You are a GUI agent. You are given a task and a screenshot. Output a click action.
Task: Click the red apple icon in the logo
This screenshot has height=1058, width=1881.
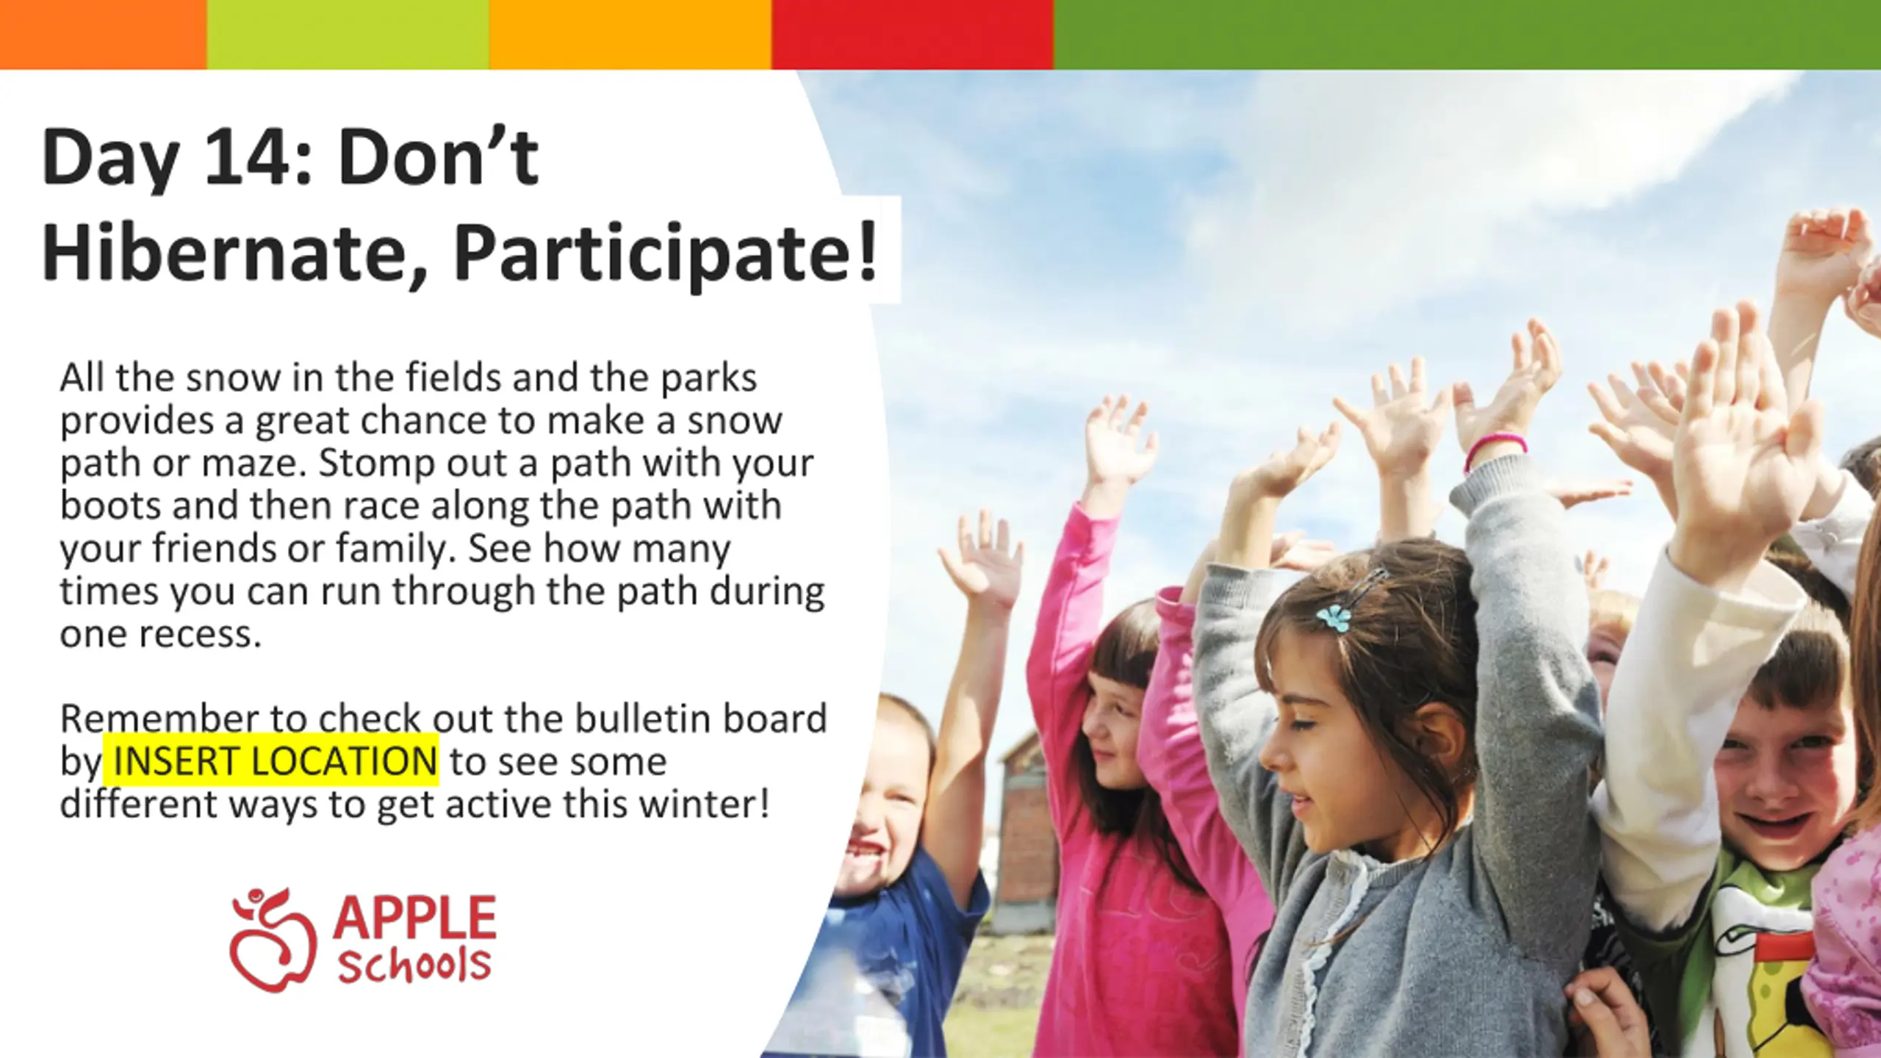tap(273, 941)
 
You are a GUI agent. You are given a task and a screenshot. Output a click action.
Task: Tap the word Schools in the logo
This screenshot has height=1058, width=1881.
tap(414, 965)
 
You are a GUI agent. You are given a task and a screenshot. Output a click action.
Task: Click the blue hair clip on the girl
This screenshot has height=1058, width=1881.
tap(1334, 618)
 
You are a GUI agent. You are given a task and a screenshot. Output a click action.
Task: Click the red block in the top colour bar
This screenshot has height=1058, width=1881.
tap(913, 35)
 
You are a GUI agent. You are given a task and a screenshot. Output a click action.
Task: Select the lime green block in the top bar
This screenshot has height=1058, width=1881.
tap(348, 35)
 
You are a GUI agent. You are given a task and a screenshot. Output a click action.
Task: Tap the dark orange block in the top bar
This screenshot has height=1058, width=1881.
tap(104, 35)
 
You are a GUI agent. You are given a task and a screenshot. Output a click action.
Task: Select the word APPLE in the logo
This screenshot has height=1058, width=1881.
tap(414, 917)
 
